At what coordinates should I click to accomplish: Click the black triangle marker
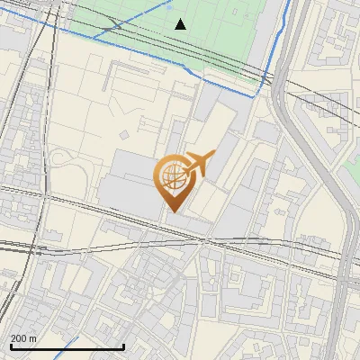(x=180, y=24)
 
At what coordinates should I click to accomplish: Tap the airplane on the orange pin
(x=197, y=163)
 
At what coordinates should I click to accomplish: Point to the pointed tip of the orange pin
(x=171, y=211)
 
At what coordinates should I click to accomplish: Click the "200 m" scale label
(x=23, y=338)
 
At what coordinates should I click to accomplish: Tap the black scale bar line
(x=67, y=346)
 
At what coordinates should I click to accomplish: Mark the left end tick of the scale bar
(x=11, y=346)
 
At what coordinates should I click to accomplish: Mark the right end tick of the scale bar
(x=123, y=346)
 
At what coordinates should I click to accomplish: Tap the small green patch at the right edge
(x=353, y=166)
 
